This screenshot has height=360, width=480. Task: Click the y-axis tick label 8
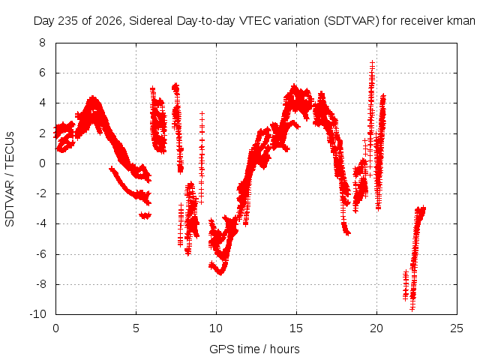click(x=42, y=43)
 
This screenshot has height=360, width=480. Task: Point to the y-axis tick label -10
click(x=37, y=314)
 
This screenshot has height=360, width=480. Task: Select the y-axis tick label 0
click(x=42, y=163)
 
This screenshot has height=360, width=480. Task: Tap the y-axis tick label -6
click(x=40, y=254)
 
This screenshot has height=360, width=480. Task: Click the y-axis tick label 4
click(x=42, y=103)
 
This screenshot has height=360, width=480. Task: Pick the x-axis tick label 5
click(x=136, y=328)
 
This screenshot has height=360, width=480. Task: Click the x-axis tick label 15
click(x=296, y=328)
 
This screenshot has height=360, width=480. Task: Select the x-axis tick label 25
click(x=457, y=328)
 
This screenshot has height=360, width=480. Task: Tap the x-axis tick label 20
click(x=376, y=328)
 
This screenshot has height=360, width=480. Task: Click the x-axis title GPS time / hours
click(x=254, y=349)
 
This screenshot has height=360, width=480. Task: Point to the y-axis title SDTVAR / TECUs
click(x=10, y=179)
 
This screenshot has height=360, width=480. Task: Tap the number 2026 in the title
click(x=109, y=21)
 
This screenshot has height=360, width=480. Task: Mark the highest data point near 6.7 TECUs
click(x=372, y=62)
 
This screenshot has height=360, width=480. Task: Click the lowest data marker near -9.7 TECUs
click(x=412, y=309)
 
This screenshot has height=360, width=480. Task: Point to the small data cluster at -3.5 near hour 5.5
click(x=145, y=215)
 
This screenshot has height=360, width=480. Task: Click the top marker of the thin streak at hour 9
click(x=202, y=113)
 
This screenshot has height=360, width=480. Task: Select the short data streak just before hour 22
click(x=406, y=285)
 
